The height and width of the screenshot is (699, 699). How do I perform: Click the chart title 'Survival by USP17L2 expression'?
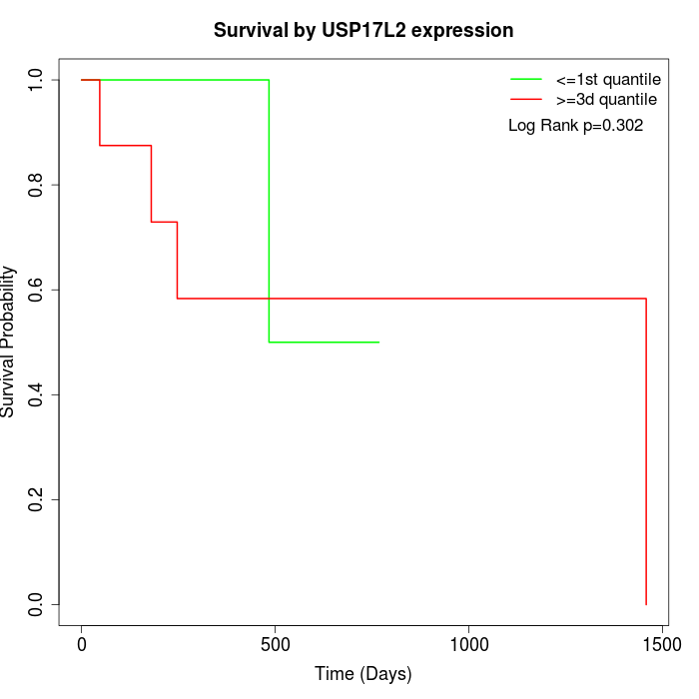(x=363, y=31)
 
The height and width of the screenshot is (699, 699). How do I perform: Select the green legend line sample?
(x=526, y=78)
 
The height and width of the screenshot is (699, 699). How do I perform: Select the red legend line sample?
(x=526, y=100)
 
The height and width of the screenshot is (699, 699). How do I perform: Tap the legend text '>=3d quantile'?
(x=606, y=100)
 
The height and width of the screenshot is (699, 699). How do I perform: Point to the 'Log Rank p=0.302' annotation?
(x=575, y=126)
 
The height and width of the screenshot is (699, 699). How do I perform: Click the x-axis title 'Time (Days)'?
(x=363, y=674)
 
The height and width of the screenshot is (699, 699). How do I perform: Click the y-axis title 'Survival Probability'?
(x=10, y=342)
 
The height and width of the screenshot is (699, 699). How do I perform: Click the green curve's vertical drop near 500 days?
(x=269, y=210)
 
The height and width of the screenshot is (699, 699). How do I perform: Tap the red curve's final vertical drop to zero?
(x=646, y=449)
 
